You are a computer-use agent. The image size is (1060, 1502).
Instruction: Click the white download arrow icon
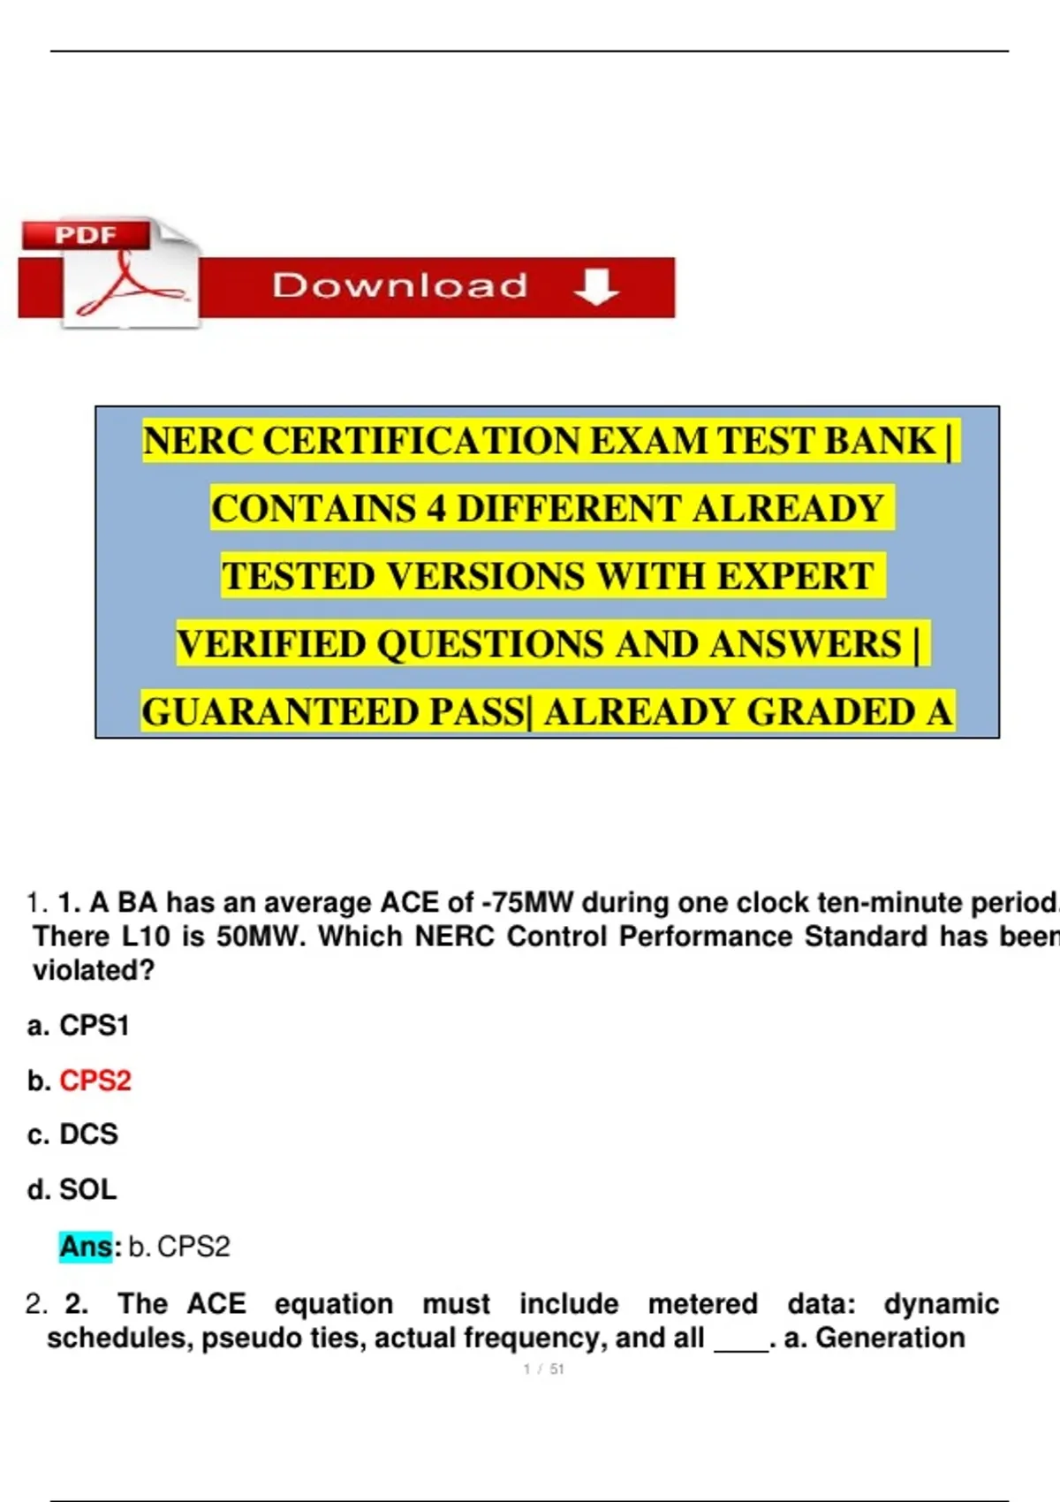pos(596,287)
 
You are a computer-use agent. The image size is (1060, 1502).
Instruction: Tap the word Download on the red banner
pos(400,285)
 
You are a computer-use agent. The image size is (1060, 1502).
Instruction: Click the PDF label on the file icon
pos(86,235)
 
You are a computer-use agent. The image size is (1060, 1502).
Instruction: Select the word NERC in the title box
pos(199,441)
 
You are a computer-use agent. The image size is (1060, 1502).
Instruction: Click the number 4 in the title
pos(435,508)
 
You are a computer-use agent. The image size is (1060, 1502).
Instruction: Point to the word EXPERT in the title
pos(795,576)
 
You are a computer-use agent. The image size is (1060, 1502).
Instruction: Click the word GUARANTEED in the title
pos(280,712)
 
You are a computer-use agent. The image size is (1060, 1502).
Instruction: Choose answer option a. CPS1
pos(79,1025)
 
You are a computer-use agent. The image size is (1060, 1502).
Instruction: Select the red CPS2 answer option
pos(95,1081)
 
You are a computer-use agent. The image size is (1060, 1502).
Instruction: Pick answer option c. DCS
pos(73,1134)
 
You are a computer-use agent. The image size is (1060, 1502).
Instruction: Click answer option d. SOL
pos(72,1189)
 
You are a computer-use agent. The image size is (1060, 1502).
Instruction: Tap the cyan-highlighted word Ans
pos(86,1247)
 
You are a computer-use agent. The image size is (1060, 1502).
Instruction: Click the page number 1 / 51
pos(544,1369)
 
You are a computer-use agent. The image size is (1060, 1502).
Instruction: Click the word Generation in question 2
pos(890,1338)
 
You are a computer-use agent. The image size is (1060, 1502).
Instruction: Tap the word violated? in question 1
pos(94,970)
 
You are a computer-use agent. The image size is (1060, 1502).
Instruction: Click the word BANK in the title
pos(881,441)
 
